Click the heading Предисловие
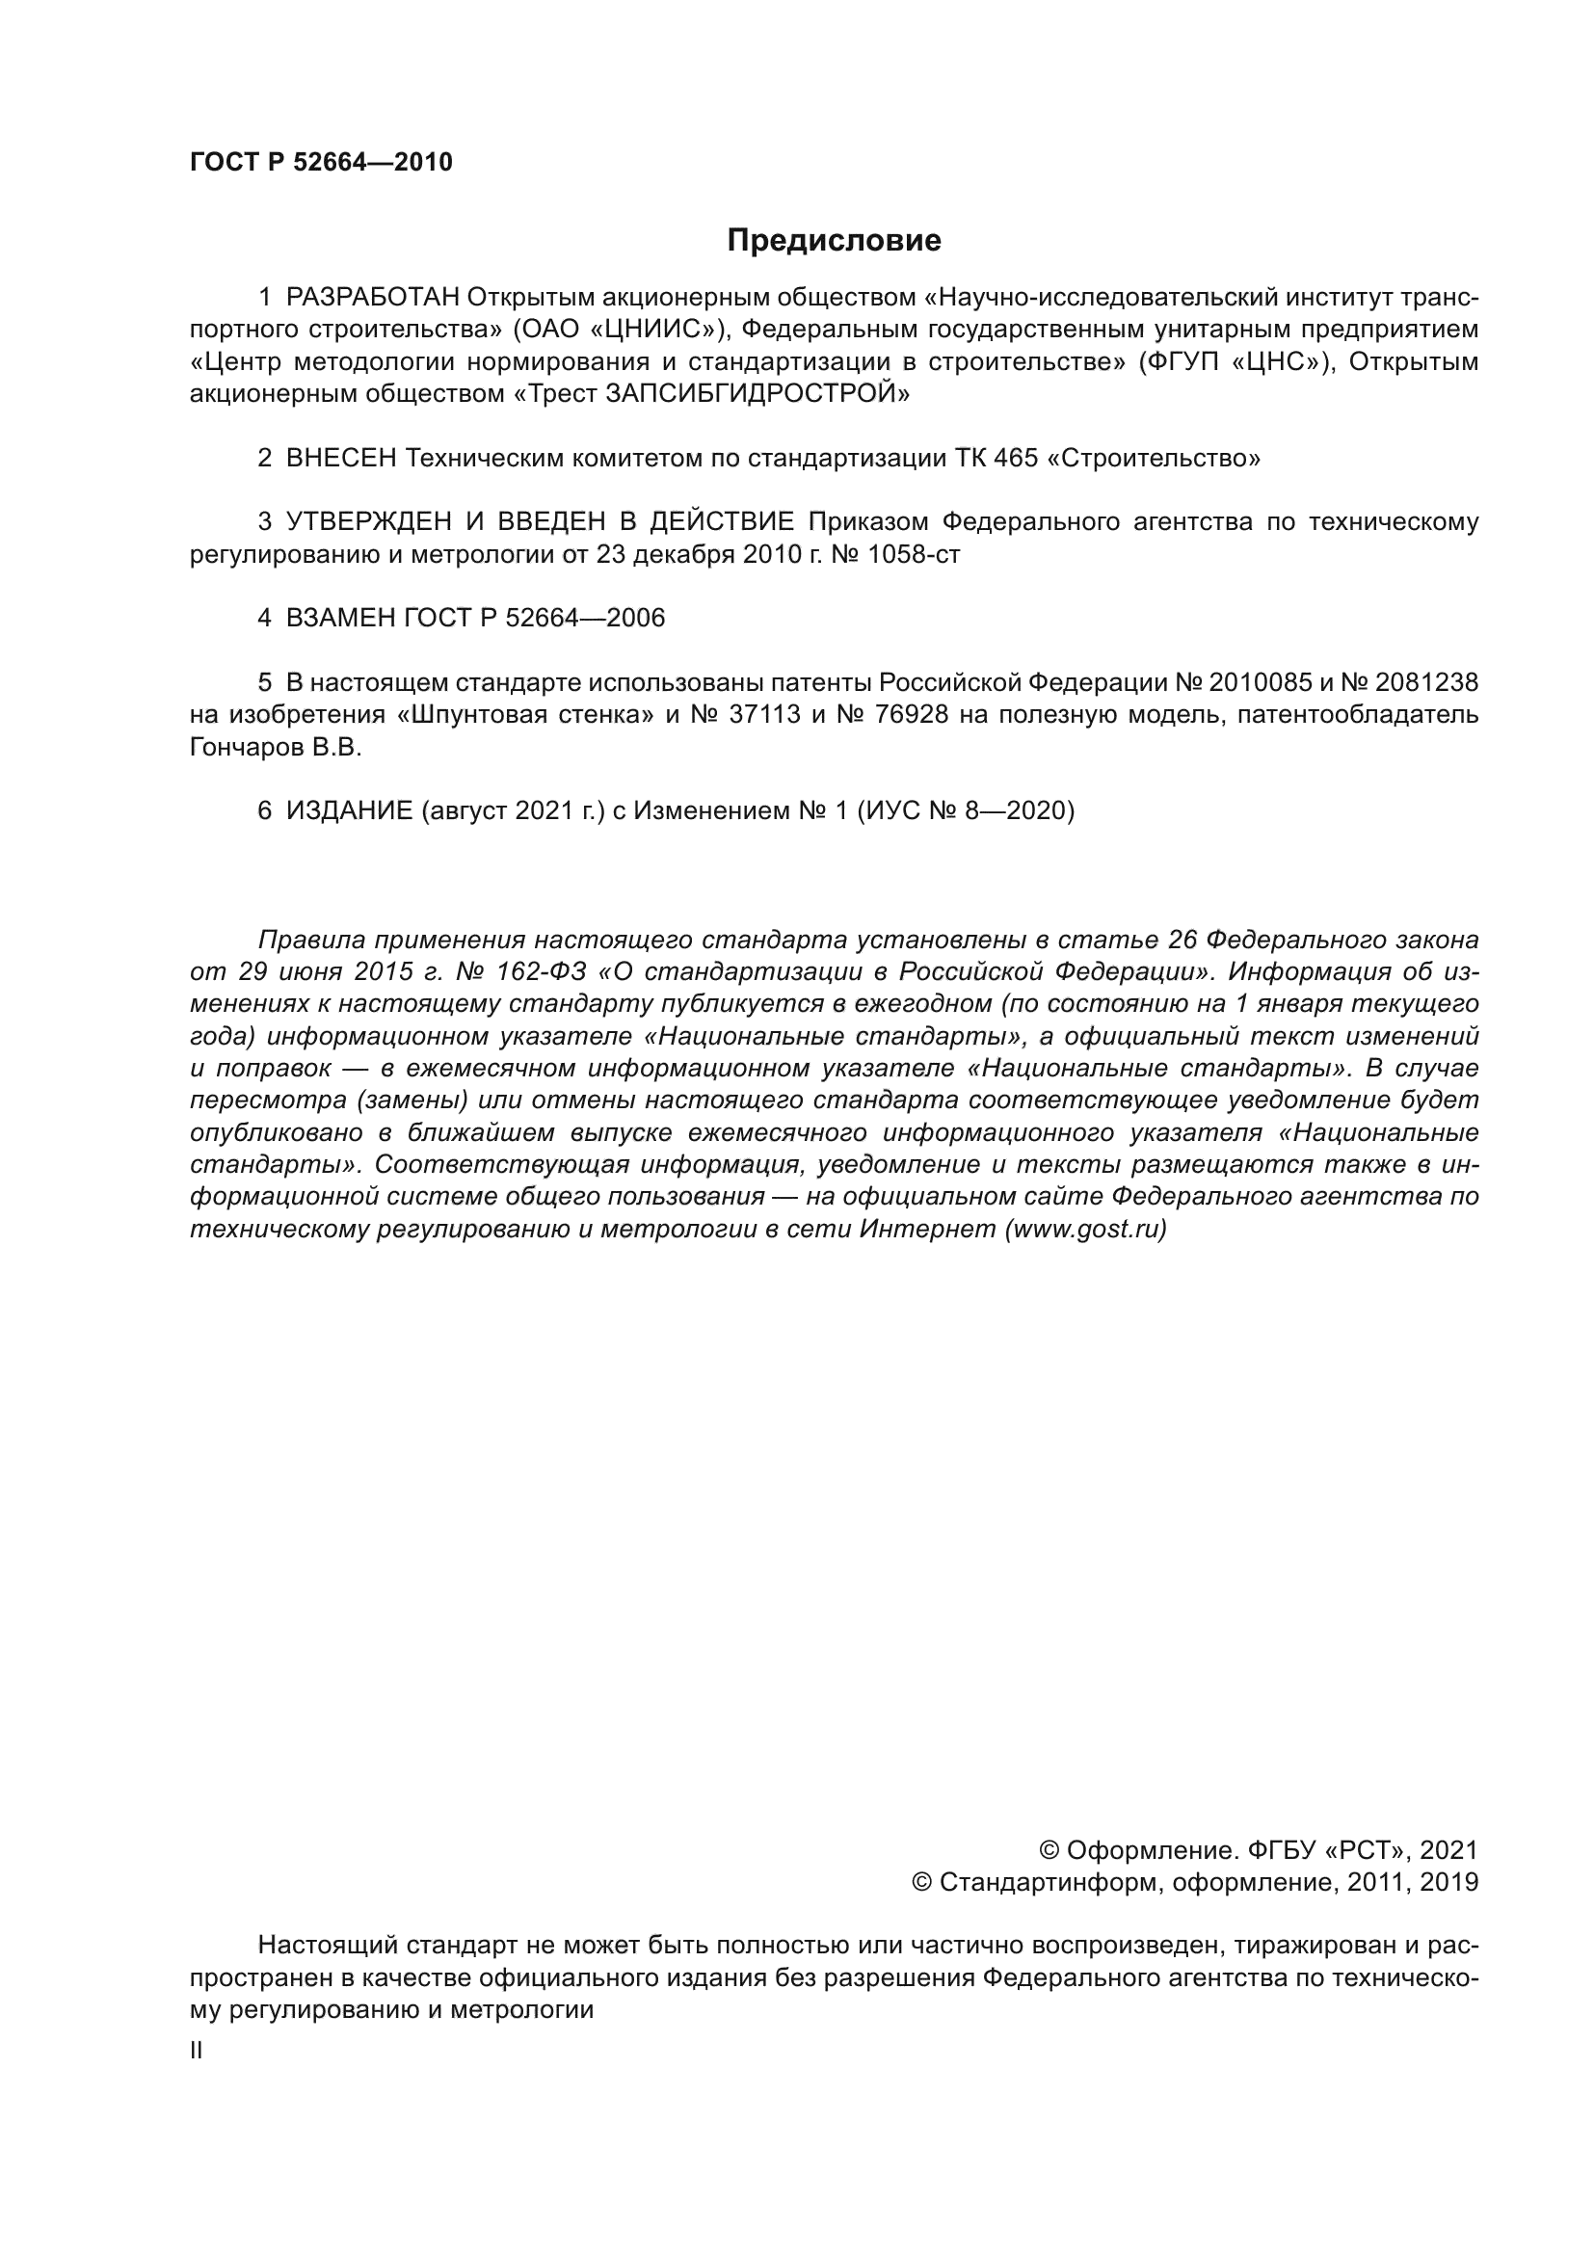tap(834, 241)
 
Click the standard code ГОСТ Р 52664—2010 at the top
tap(321, 162)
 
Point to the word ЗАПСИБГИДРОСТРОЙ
tap(757, 394)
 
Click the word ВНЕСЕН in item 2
tap(340, 458)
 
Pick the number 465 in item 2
tap(1016, 458)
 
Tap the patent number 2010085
tap(1260, 682)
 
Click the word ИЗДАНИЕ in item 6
tap(349, 810)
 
